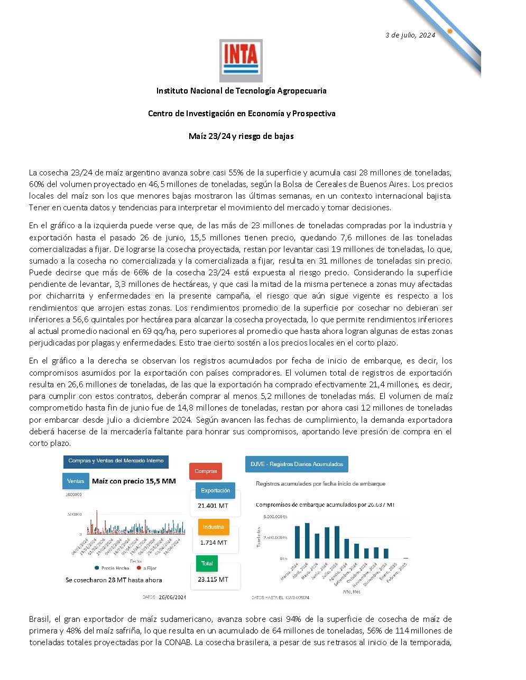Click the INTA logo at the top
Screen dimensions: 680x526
241,60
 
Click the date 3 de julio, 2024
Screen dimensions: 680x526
410,35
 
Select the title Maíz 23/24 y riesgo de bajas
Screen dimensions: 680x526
241,136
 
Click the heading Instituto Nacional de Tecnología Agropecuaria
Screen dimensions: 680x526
241,91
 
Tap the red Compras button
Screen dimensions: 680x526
206,471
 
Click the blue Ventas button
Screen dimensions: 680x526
76,481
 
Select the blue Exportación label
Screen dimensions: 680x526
215,490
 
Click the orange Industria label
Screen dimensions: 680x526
213,527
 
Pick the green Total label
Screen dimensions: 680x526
207,563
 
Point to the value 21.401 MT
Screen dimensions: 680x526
213,506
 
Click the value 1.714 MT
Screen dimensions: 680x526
213,542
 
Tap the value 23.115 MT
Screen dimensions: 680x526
213,579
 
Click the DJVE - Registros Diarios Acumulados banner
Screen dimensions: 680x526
296,464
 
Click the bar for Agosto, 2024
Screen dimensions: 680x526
347,548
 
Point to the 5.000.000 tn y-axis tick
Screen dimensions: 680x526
275,516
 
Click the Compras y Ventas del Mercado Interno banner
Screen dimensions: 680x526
116,461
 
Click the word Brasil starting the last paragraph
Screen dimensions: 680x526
40,619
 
